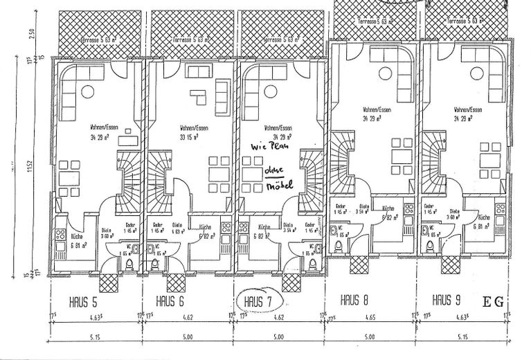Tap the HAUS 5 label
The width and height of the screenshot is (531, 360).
pos(83,302)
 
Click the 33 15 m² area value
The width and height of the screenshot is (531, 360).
pos(186,136)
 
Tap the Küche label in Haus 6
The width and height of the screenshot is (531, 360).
pos(205,228)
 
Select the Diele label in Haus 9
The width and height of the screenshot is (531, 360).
pos(454,211)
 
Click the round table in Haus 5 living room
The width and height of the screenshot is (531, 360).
pos(89,91)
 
